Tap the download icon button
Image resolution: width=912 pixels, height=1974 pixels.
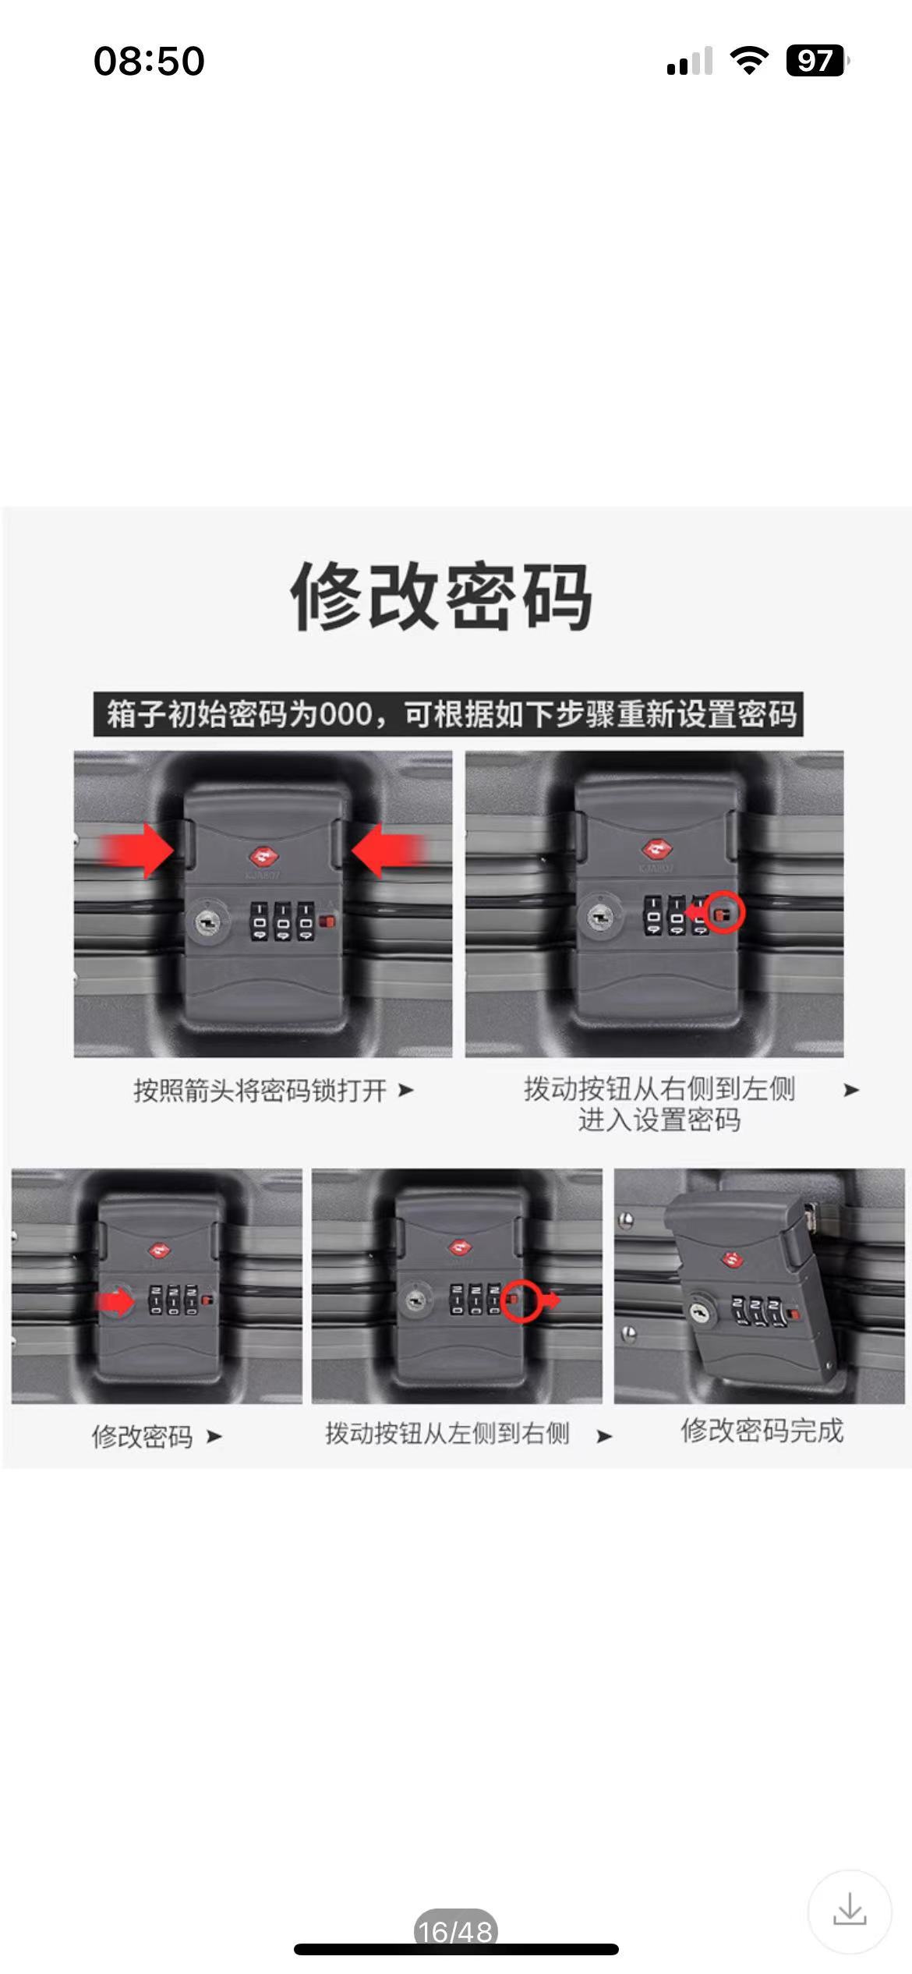(x=849, y=1910)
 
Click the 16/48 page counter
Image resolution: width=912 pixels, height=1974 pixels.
(x=455, y=1931)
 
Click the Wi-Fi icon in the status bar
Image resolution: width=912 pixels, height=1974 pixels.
(x=749, y=60)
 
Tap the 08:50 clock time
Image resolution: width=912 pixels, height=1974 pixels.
(x=149, y=61)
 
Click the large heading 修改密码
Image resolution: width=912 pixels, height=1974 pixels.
(x=441, y=596)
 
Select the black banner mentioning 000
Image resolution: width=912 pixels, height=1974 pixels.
(x=448, y=713)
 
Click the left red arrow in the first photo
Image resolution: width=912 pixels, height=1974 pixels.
(x=137, y=851)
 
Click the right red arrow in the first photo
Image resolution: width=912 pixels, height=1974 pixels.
(x=387, y=851)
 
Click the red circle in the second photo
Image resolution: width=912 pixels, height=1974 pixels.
(x=726, y=911)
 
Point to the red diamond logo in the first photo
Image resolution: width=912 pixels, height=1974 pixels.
(x=263, y=855)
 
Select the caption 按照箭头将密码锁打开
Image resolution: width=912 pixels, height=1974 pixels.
(x=260, y=1090)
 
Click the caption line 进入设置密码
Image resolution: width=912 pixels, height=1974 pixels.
(x=659, y=1120)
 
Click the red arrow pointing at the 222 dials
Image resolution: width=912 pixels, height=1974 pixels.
(x=115, y=1301)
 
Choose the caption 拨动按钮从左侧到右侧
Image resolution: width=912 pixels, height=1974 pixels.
(x=447, y=1433)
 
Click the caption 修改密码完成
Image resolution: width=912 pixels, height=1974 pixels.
(x=762, y=1431)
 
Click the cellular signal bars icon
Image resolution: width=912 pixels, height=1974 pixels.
(x=690, y=61)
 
